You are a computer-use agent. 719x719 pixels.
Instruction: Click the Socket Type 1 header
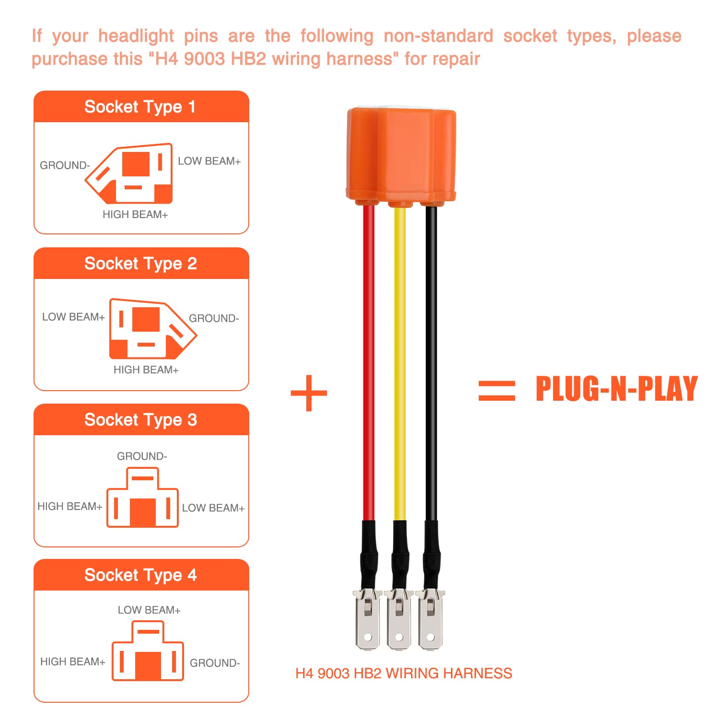coord(140,107)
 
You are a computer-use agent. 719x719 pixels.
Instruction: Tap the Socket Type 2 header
coord(140,264)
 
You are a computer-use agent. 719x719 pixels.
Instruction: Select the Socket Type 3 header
coord(140,420)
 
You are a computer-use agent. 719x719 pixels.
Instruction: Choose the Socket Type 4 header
coord(140,575)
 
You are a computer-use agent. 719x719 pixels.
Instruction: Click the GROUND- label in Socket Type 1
coord(65,165)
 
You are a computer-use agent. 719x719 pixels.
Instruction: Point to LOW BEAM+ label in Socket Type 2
coord(73,317)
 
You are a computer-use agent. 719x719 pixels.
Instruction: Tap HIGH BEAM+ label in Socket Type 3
coord(70,506)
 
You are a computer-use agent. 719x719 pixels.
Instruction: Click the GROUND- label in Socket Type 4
coord(215,663)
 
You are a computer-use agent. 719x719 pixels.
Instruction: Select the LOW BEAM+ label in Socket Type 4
coord(149,610)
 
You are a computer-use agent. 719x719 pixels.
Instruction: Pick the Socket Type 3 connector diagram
coord(142,498)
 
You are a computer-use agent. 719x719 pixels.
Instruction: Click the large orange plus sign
coord(309,393)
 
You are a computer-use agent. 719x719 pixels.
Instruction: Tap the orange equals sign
coord(497,391)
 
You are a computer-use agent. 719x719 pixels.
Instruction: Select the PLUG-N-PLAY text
coord(616,389)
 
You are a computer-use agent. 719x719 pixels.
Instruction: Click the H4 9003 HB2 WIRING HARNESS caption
coord(404,673)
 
